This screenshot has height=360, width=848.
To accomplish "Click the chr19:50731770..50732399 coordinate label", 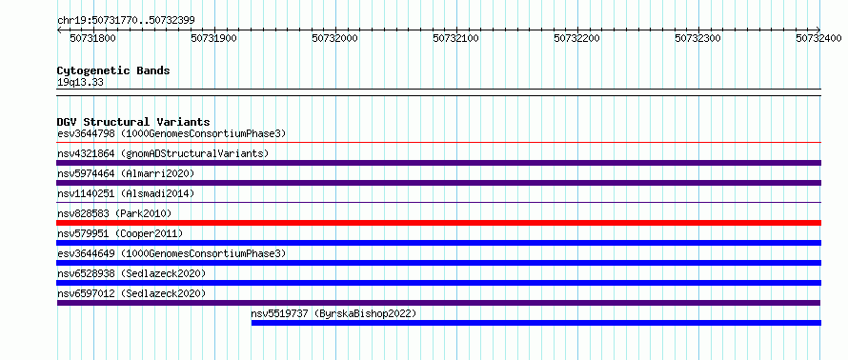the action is [126, 21].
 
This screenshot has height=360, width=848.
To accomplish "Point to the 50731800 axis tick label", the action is [94, 38].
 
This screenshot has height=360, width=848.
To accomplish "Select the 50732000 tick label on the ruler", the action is [335, 38].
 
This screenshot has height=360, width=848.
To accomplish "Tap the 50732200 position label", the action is [577, 38].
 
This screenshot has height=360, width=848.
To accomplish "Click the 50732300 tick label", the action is [698, 38].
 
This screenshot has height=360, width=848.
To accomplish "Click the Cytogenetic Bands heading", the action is [113, 70].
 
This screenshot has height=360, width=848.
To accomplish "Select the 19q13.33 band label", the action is [80, 83].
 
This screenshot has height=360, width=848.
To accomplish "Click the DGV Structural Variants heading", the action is [133, 122].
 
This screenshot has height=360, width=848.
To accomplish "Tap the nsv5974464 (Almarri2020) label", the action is [126, 173].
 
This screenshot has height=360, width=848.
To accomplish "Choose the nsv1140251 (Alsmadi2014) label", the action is [126, 193].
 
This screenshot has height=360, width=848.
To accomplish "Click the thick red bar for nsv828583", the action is [439, 223].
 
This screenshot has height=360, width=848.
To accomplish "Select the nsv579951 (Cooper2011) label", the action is [120, 233].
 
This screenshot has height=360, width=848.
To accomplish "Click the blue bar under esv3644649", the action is [439, 263].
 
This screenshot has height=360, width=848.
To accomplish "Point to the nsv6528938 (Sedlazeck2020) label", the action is [131, 273].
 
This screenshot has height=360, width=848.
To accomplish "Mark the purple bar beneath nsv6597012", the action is [439, 303].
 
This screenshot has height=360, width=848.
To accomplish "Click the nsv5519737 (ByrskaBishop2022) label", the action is [333, 313].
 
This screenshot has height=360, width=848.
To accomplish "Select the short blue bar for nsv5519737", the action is [536, 323].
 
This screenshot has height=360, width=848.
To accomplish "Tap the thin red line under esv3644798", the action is [439, 143].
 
